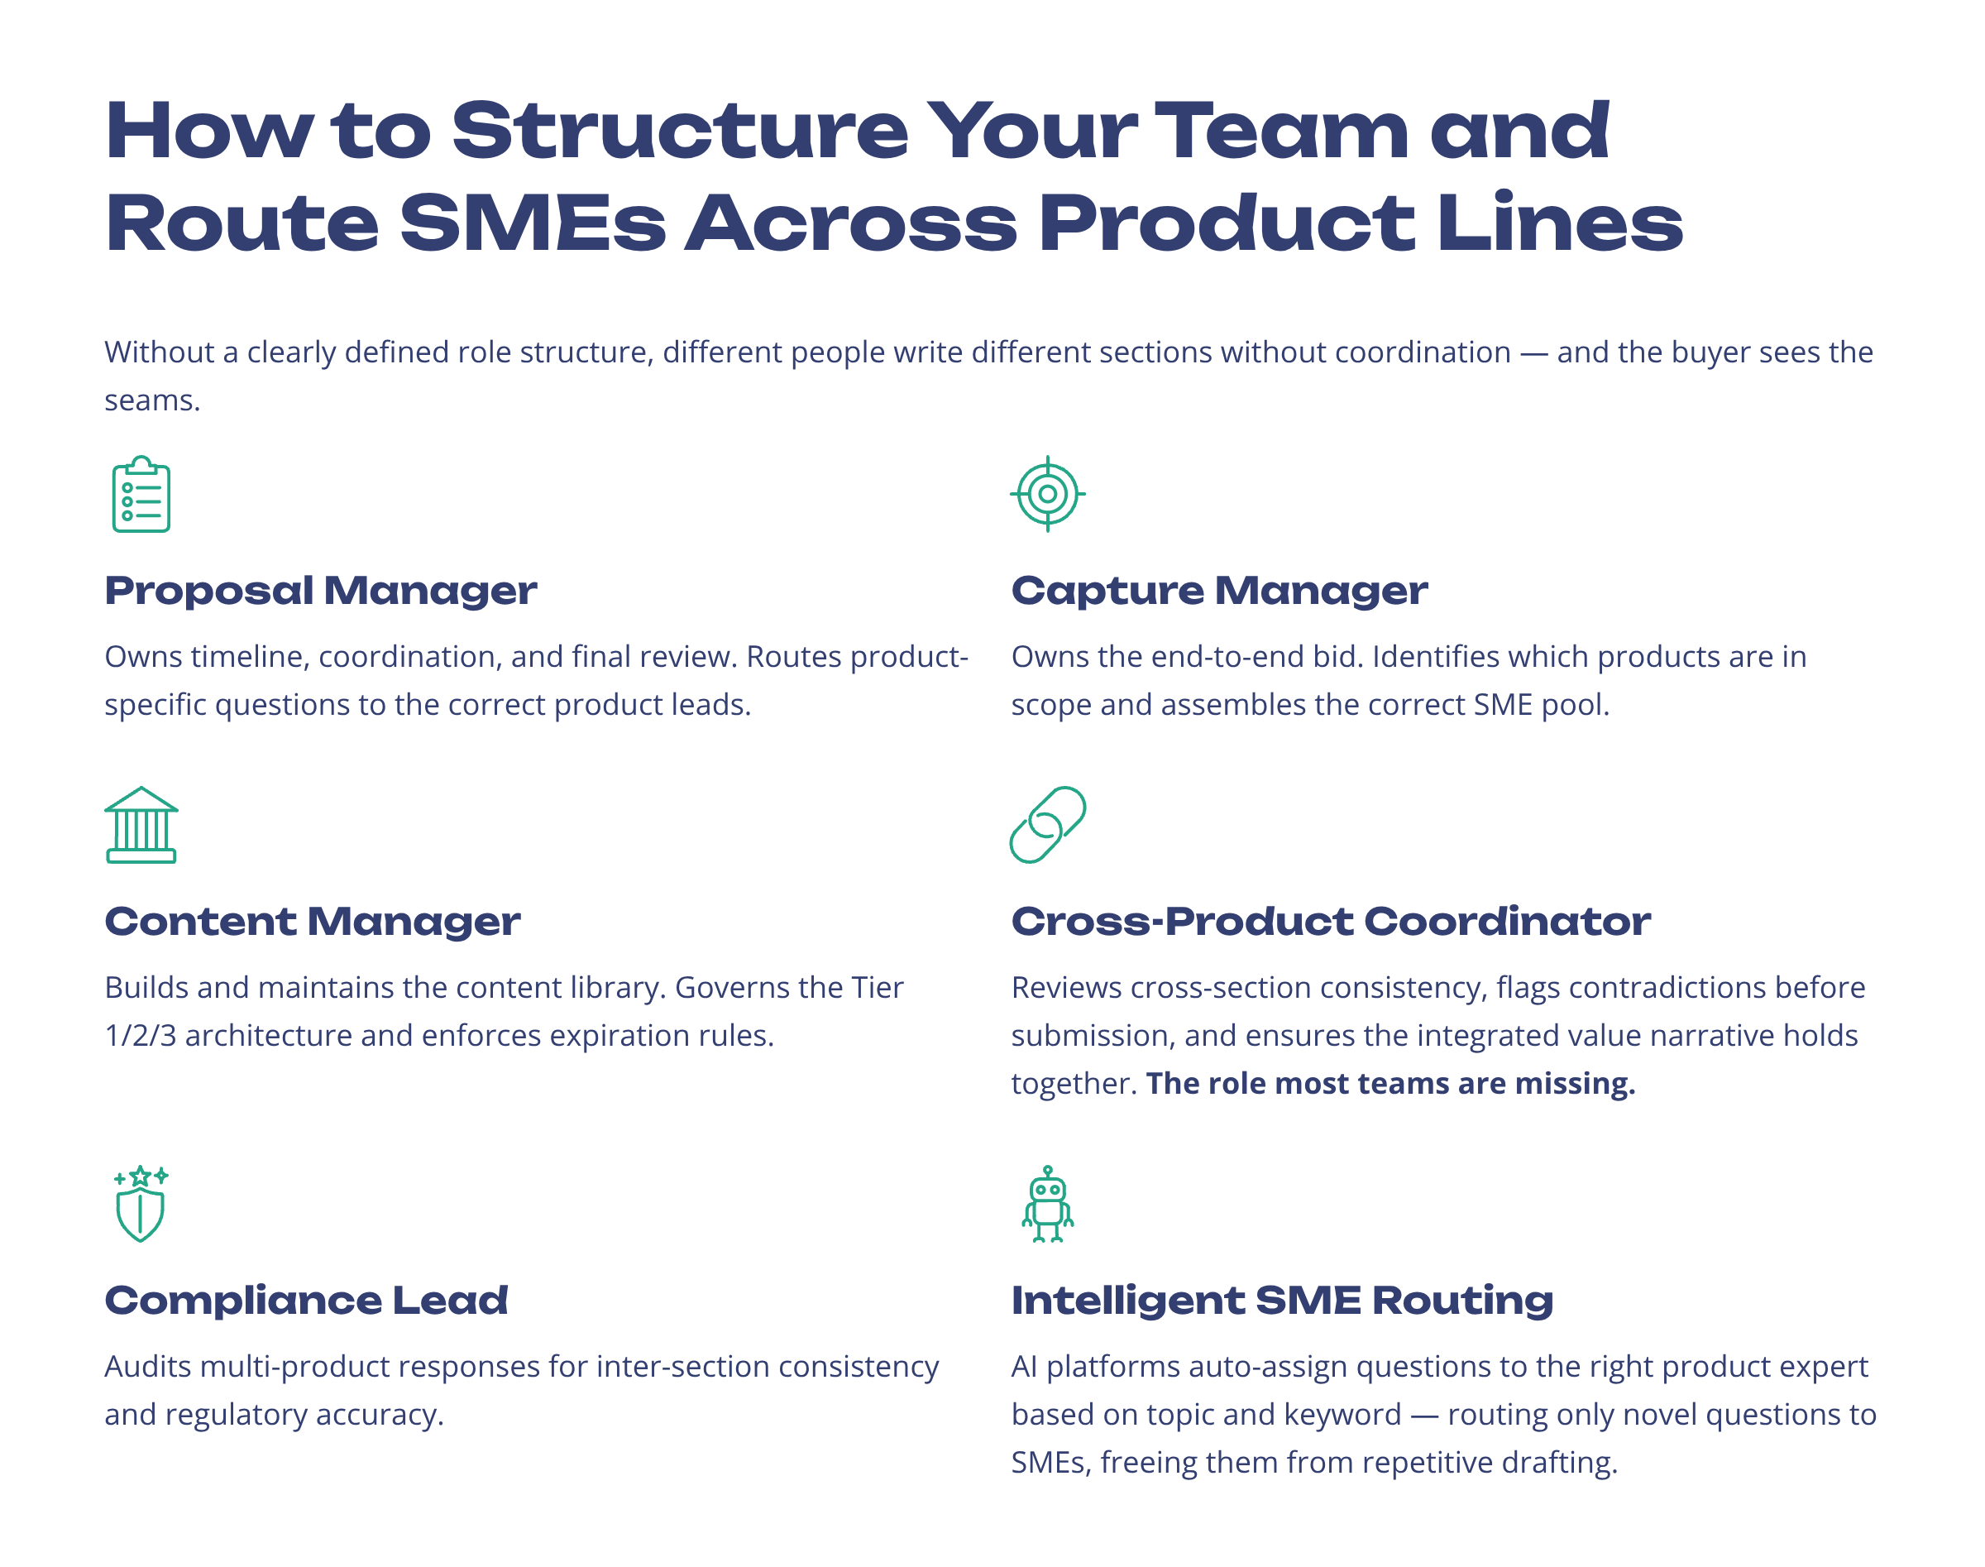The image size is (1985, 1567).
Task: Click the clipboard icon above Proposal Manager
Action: pos(141,495)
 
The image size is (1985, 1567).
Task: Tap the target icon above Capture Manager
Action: pos(1048,494)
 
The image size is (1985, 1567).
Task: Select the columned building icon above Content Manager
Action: pos(141,825)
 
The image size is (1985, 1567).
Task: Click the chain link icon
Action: pos(1048,825)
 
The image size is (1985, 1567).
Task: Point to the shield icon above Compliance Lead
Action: pos(141,1205)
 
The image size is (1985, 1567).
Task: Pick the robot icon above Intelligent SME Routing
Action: pos(1048,1205)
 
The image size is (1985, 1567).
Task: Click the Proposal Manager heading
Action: pos(320,591)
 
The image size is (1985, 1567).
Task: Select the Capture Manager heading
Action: pos(1219,591)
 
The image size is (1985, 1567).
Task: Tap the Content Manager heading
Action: pos(312,921)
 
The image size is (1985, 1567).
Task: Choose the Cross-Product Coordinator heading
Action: pos(1330,921)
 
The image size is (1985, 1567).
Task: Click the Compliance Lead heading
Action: pos(305,1300)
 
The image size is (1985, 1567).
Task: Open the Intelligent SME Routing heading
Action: pos(1281,1300)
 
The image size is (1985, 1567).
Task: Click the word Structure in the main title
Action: pos(679,130)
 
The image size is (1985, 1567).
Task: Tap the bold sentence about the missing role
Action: pos(1389,1084)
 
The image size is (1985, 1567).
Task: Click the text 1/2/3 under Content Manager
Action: pos(141,1036)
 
